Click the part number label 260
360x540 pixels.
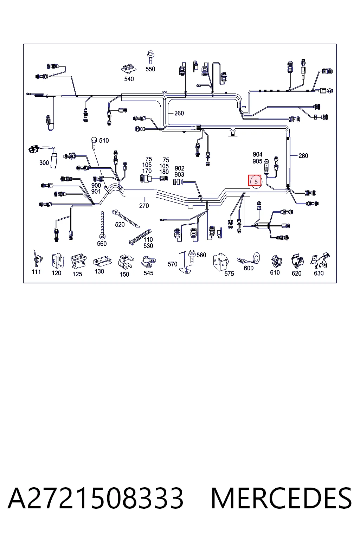(179, 113)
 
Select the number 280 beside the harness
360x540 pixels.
(303, 156)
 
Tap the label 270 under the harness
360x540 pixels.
(144, 206)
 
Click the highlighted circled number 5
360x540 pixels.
(256, 182)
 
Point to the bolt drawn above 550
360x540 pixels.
(150, 57)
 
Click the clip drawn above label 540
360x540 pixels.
(129, 69)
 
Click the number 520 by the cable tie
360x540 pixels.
(120, 224)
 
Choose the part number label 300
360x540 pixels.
(44, 163)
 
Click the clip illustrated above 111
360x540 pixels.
(37, 258)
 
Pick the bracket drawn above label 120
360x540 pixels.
(58, 261)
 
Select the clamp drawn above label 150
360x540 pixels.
(126, 262)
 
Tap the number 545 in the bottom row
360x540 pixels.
(148, 273)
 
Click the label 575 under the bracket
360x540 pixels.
(229, 274)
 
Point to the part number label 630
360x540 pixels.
(319, 273)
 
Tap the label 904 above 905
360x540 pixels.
(258, 154)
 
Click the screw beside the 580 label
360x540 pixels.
(192, 256)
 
